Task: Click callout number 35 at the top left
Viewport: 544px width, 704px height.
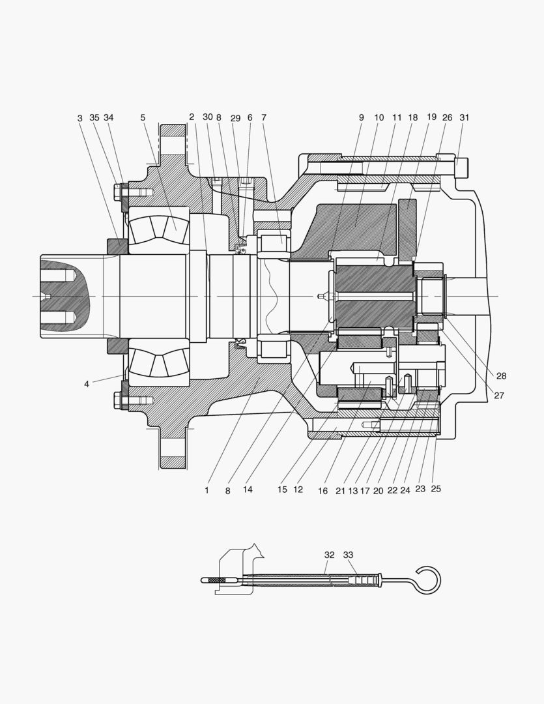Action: click(x=94, y=118)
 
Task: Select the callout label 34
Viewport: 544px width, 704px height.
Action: click(x=109, y=118)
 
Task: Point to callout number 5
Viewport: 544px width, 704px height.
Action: click(x=143, y=118)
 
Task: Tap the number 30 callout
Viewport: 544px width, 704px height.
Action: click(x=207, y=117)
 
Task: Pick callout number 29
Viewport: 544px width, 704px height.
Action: click(x=235, y=118)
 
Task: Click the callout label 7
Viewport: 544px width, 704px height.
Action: click(x=264, y=118)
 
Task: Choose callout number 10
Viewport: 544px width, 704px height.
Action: click(x=379, y=118)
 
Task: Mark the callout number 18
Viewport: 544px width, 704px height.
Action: click(x=413, y=118)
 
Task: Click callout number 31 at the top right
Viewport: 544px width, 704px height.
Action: click(x=464, y=118)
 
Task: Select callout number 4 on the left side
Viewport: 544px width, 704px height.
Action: click(x=86, y=384)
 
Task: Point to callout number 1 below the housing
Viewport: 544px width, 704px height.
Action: click(x=207, y=490)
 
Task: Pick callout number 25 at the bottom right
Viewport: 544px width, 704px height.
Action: click(x=436, y=489)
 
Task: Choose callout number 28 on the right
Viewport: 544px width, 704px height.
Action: click(x=501, y=376)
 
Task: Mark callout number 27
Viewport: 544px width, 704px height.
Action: click(x=499, y=395)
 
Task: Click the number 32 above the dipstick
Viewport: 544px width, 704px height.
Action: click(x=330, y=555)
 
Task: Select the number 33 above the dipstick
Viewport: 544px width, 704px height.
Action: click(x=349, y=555)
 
